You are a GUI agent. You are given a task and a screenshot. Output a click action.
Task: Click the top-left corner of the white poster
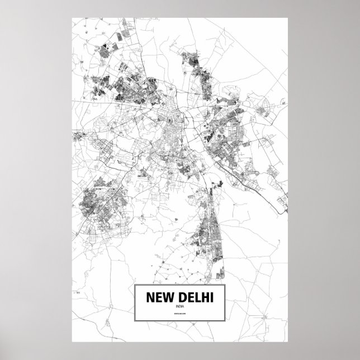72,17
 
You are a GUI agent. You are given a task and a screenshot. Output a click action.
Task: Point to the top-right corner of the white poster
288,17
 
